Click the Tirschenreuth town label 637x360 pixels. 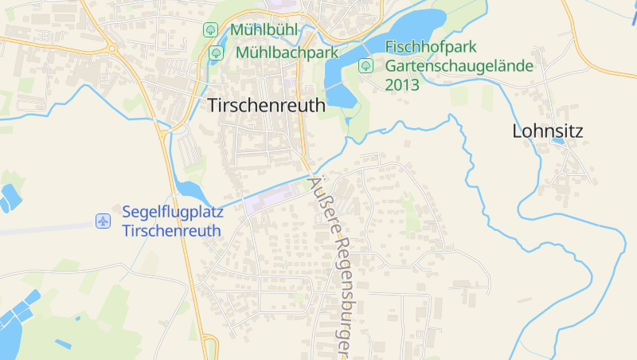[x=266, y=105]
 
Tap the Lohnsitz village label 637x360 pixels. [x=548, y=132]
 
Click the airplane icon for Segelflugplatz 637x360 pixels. [x=103, y=221]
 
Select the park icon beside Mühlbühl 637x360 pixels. [x=210, y=30]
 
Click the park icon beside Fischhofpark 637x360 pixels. [x=365, y=65]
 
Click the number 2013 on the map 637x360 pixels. [x=402, y=84]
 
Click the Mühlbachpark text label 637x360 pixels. [x=287, y=53]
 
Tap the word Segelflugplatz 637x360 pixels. [x=173, y=213]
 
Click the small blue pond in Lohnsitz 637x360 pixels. [x=558, y=141]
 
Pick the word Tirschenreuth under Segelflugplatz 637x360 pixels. [x=172, y=230]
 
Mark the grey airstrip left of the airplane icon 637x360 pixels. [x=40, y=229]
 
